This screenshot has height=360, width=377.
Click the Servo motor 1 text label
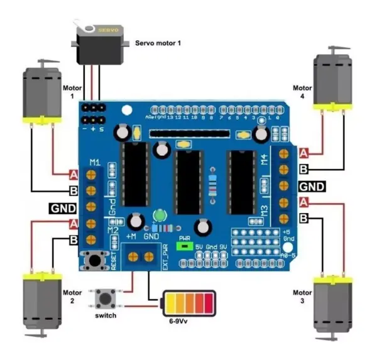pyautogui.click(x=159, y=43)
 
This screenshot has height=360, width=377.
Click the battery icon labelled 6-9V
pyautogui.click(x=188, y=305)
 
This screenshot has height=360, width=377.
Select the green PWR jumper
pyautogui.click(x=185, y=246)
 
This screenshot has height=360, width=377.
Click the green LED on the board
pyautogui.click(x=159, y=215)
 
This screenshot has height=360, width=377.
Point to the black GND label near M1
pyautogui.click(x=62, y=208)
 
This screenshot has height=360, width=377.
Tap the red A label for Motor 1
pyautogui.click(x=73, y=174)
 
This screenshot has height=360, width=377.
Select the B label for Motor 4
pyautogui.click(x=304, y=168)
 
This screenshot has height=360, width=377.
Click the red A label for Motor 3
pyautogui.click(x=304, y=202)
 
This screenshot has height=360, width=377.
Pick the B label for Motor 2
pyautogui.click(x=73, y=239)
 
